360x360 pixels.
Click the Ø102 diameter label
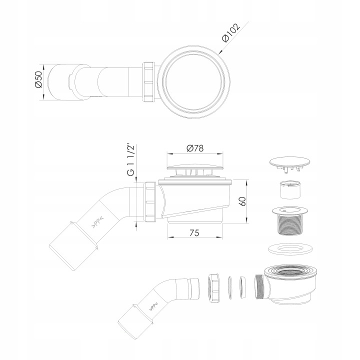coord(231,32)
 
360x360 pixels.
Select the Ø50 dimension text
coord(38,79)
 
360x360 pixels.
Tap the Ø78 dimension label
coord(195,148)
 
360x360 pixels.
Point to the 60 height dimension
coord(243,201)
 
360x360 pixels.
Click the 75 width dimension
coord(194,233)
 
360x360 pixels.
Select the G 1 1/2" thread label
coord(130,160)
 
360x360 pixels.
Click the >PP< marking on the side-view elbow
coord(97,222)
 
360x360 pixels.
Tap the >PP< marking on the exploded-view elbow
coord(152,306)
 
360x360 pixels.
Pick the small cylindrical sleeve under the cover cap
coord(290,189)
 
